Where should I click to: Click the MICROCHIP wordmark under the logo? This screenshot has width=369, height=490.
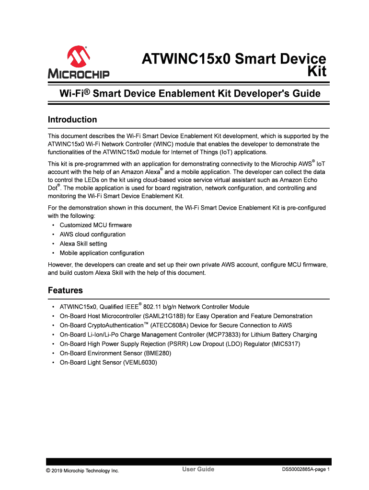click(79, 74)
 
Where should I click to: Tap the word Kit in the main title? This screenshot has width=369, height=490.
click(316, 72)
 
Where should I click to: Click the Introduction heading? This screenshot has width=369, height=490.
click(72, 120)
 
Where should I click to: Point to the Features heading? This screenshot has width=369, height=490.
click(65, 290)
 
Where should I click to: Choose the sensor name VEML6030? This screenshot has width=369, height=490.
click(139, 363)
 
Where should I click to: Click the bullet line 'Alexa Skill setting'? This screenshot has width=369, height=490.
click(83, 244)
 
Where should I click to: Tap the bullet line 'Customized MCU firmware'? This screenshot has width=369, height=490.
click(95, 225)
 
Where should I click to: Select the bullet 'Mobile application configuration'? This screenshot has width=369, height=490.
click(102, 253)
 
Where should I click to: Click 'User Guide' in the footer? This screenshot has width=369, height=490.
click(198, 469)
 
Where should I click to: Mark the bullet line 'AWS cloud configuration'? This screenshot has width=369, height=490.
click(92, 234)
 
